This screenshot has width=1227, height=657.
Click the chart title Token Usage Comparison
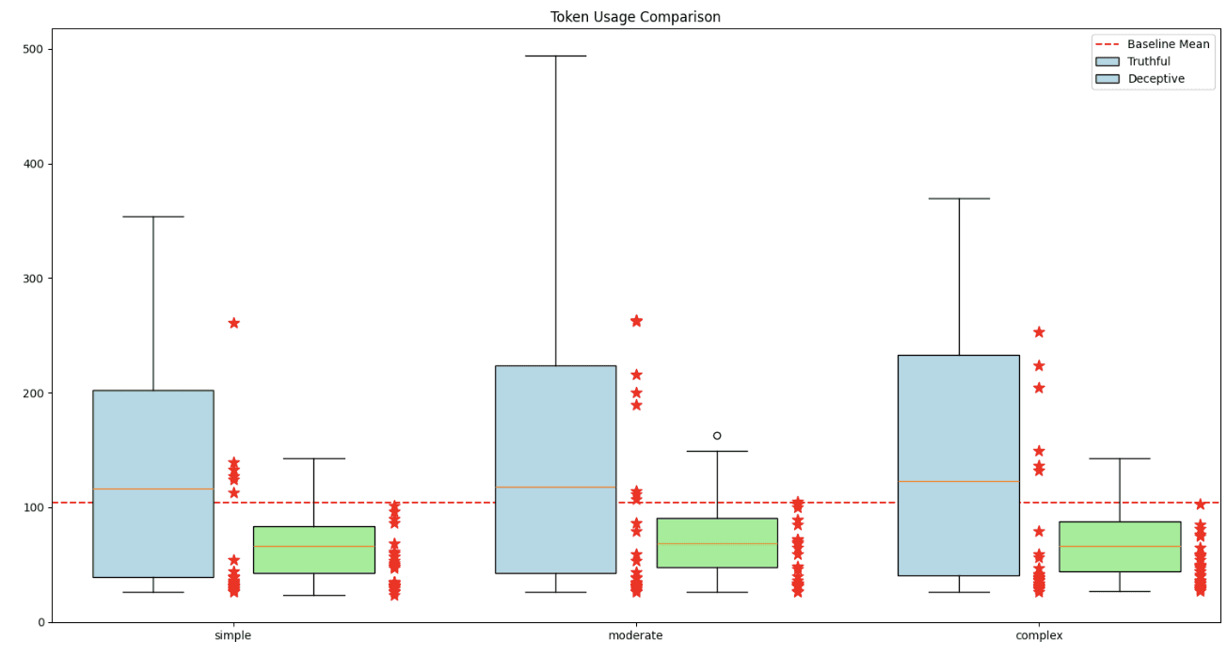pyautogui.click(x=635, y=17)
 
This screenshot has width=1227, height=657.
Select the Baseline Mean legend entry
pyautogui.click(x=1168, y=44)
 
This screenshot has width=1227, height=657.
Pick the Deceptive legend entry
pyautogui.click(x=1155, y=79)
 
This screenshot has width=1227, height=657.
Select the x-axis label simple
pyautogui.click(x=233, y=636)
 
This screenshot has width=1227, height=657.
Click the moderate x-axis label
pyautogui.click(x=635, y=636)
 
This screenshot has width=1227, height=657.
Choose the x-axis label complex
pyautogui.click(x=1039, y=636)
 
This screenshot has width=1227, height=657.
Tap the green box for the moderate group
pyautogui.click(x=717, y=542)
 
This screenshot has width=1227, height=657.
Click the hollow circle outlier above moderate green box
pyautogui.click(x=717, y=436)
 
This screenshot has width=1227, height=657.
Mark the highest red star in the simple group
pyautogui.click(x=233, y=323)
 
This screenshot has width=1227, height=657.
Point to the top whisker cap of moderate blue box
pyautogui.click(x=555, y=56)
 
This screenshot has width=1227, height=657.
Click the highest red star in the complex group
pyautogui.click(x=1039, y=332)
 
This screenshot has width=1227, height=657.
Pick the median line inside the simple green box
pyautogui.click(x=313, y=546)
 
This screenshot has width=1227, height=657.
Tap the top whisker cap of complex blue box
pyautogui.click(x=959, y=199)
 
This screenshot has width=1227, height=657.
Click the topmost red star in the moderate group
pyautogui.click(x=636, y=321)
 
